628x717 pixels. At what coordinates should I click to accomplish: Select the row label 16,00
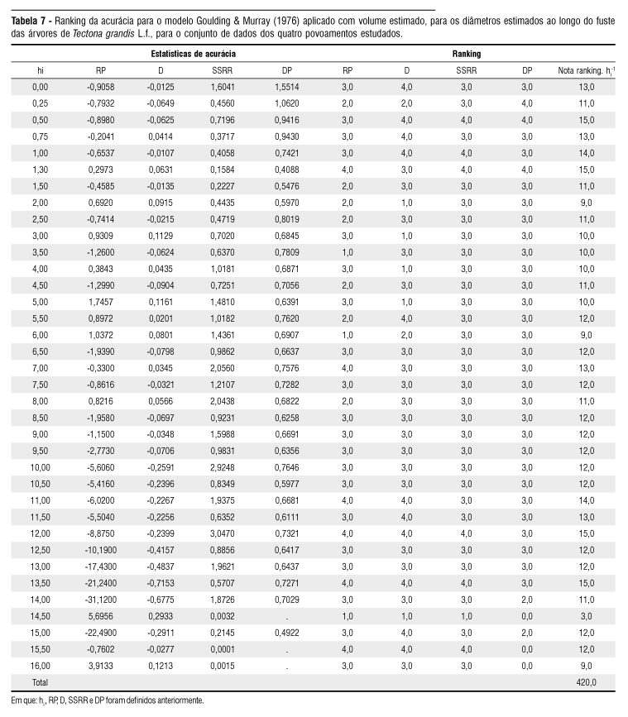pyautogui.click(x=41, y=666)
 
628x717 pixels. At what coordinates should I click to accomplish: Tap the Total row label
pyautogui.click(x=41, y=682)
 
